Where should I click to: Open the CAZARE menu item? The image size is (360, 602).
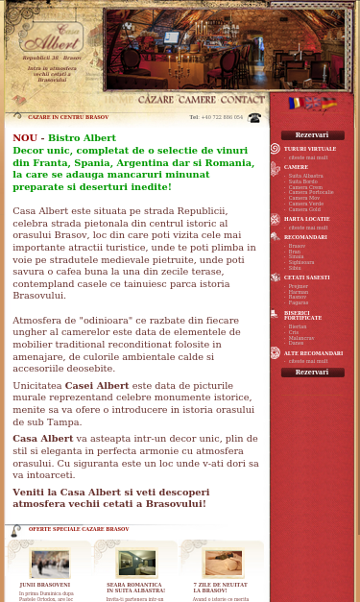coord(156,100)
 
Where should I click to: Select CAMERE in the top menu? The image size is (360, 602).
coord(197,100)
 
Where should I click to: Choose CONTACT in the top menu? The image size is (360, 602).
coord(243,100)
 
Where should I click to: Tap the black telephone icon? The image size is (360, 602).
coord(254,118)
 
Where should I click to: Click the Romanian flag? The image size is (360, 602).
coord(295,103)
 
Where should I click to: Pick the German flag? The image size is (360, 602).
coord(328,103)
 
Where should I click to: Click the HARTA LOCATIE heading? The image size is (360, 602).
coord(306,219)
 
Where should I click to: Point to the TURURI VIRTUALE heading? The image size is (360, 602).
coord(310,149)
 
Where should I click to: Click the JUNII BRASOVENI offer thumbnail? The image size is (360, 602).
coord(49,564)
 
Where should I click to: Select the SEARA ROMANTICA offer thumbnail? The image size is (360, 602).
coord(136,564)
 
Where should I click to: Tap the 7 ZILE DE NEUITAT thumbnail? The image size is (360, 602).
coord(222,564)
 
